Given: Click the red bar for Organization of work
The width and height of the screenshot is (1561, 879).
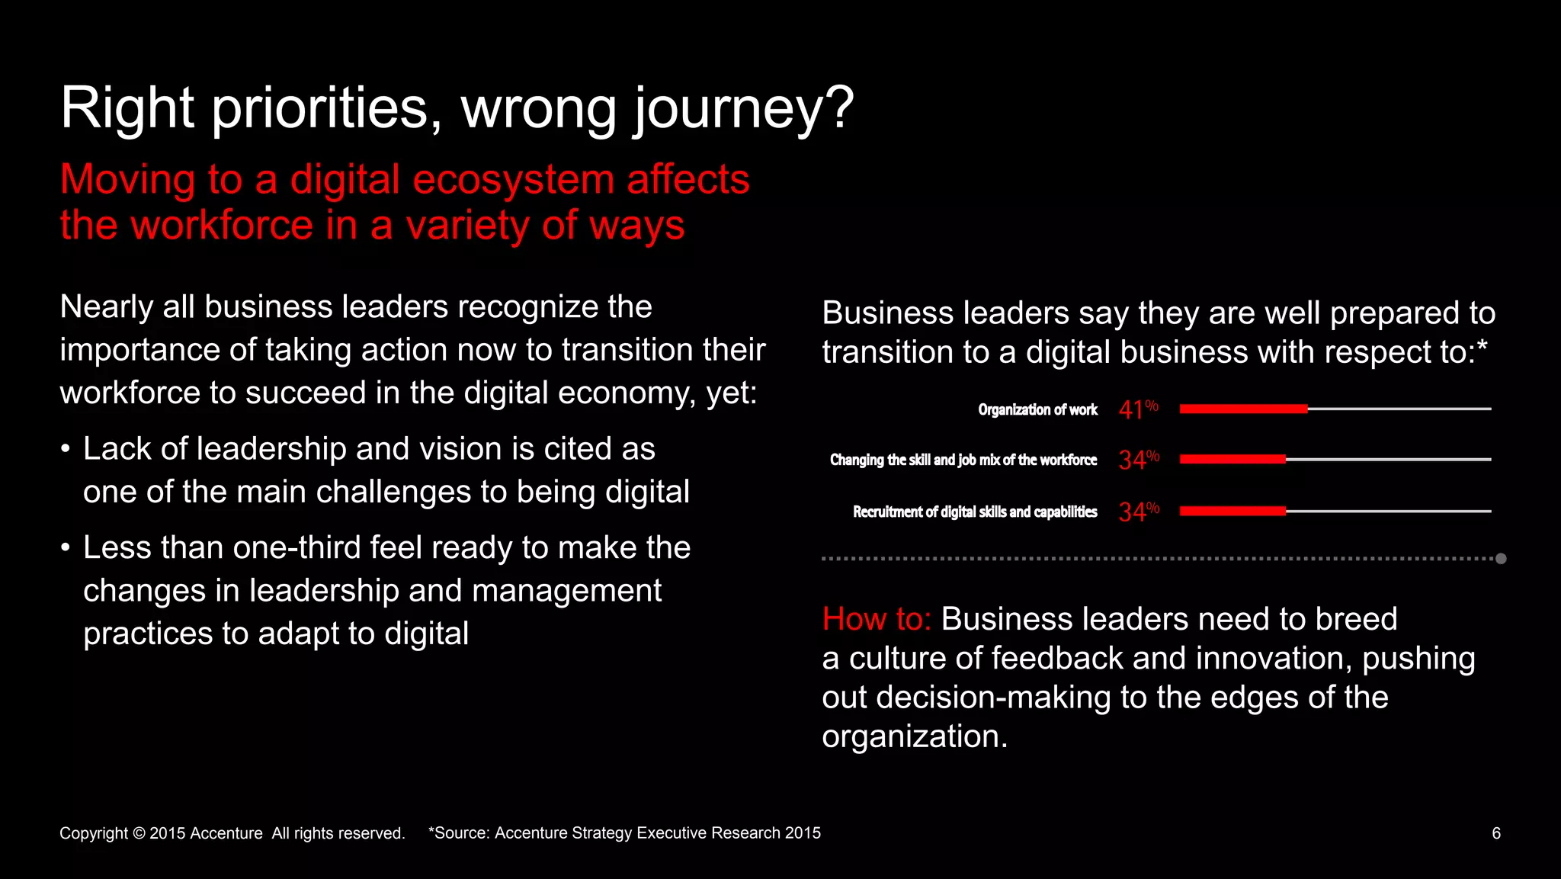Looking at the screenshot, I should [1243, 409].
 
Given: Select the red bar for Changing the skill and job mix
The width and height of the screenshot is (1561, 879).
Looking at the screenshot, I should [1232, 459].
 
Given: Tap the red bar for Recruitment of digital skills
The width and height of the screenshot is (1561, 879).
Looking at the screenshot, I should [1232, 511].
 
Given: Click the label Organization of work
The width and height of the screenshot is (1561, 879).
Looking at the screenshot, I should [1037, 410].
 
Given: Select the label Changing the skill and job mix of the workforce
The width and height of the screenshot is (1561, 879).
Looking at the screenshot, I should [963, 460].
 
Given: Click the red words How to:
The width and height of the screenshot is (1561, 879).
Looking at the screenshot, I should [877, 619].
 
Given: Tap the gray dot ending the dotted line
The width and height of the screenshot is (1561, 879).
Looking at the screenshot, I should [1501, 559].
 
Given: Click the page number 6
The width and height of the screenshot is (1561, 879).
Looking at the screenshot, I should [1496, 833].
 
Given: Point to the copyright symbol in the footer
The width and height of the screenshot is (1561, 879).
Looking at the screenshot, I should [139, 833].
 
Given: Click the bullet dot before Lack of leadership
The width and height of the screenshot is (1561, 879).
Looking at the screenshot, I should [66, 449].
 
